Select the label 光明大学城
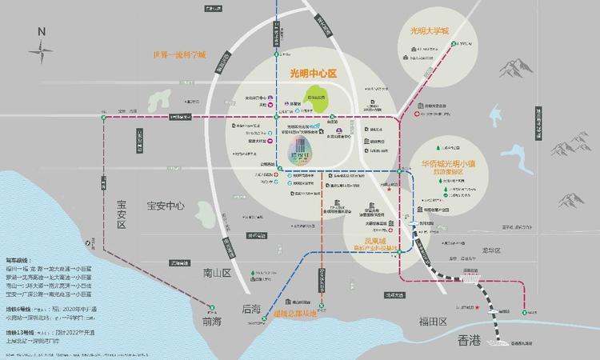pyautogui.click(x=430, y=31)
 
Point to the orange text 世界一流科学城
pyautogui.click(x=180, y=56)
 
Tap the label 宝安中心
pyautogui.click(x=166, y=206)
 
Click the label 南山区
pyautogui.click(x=215, y=273)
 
